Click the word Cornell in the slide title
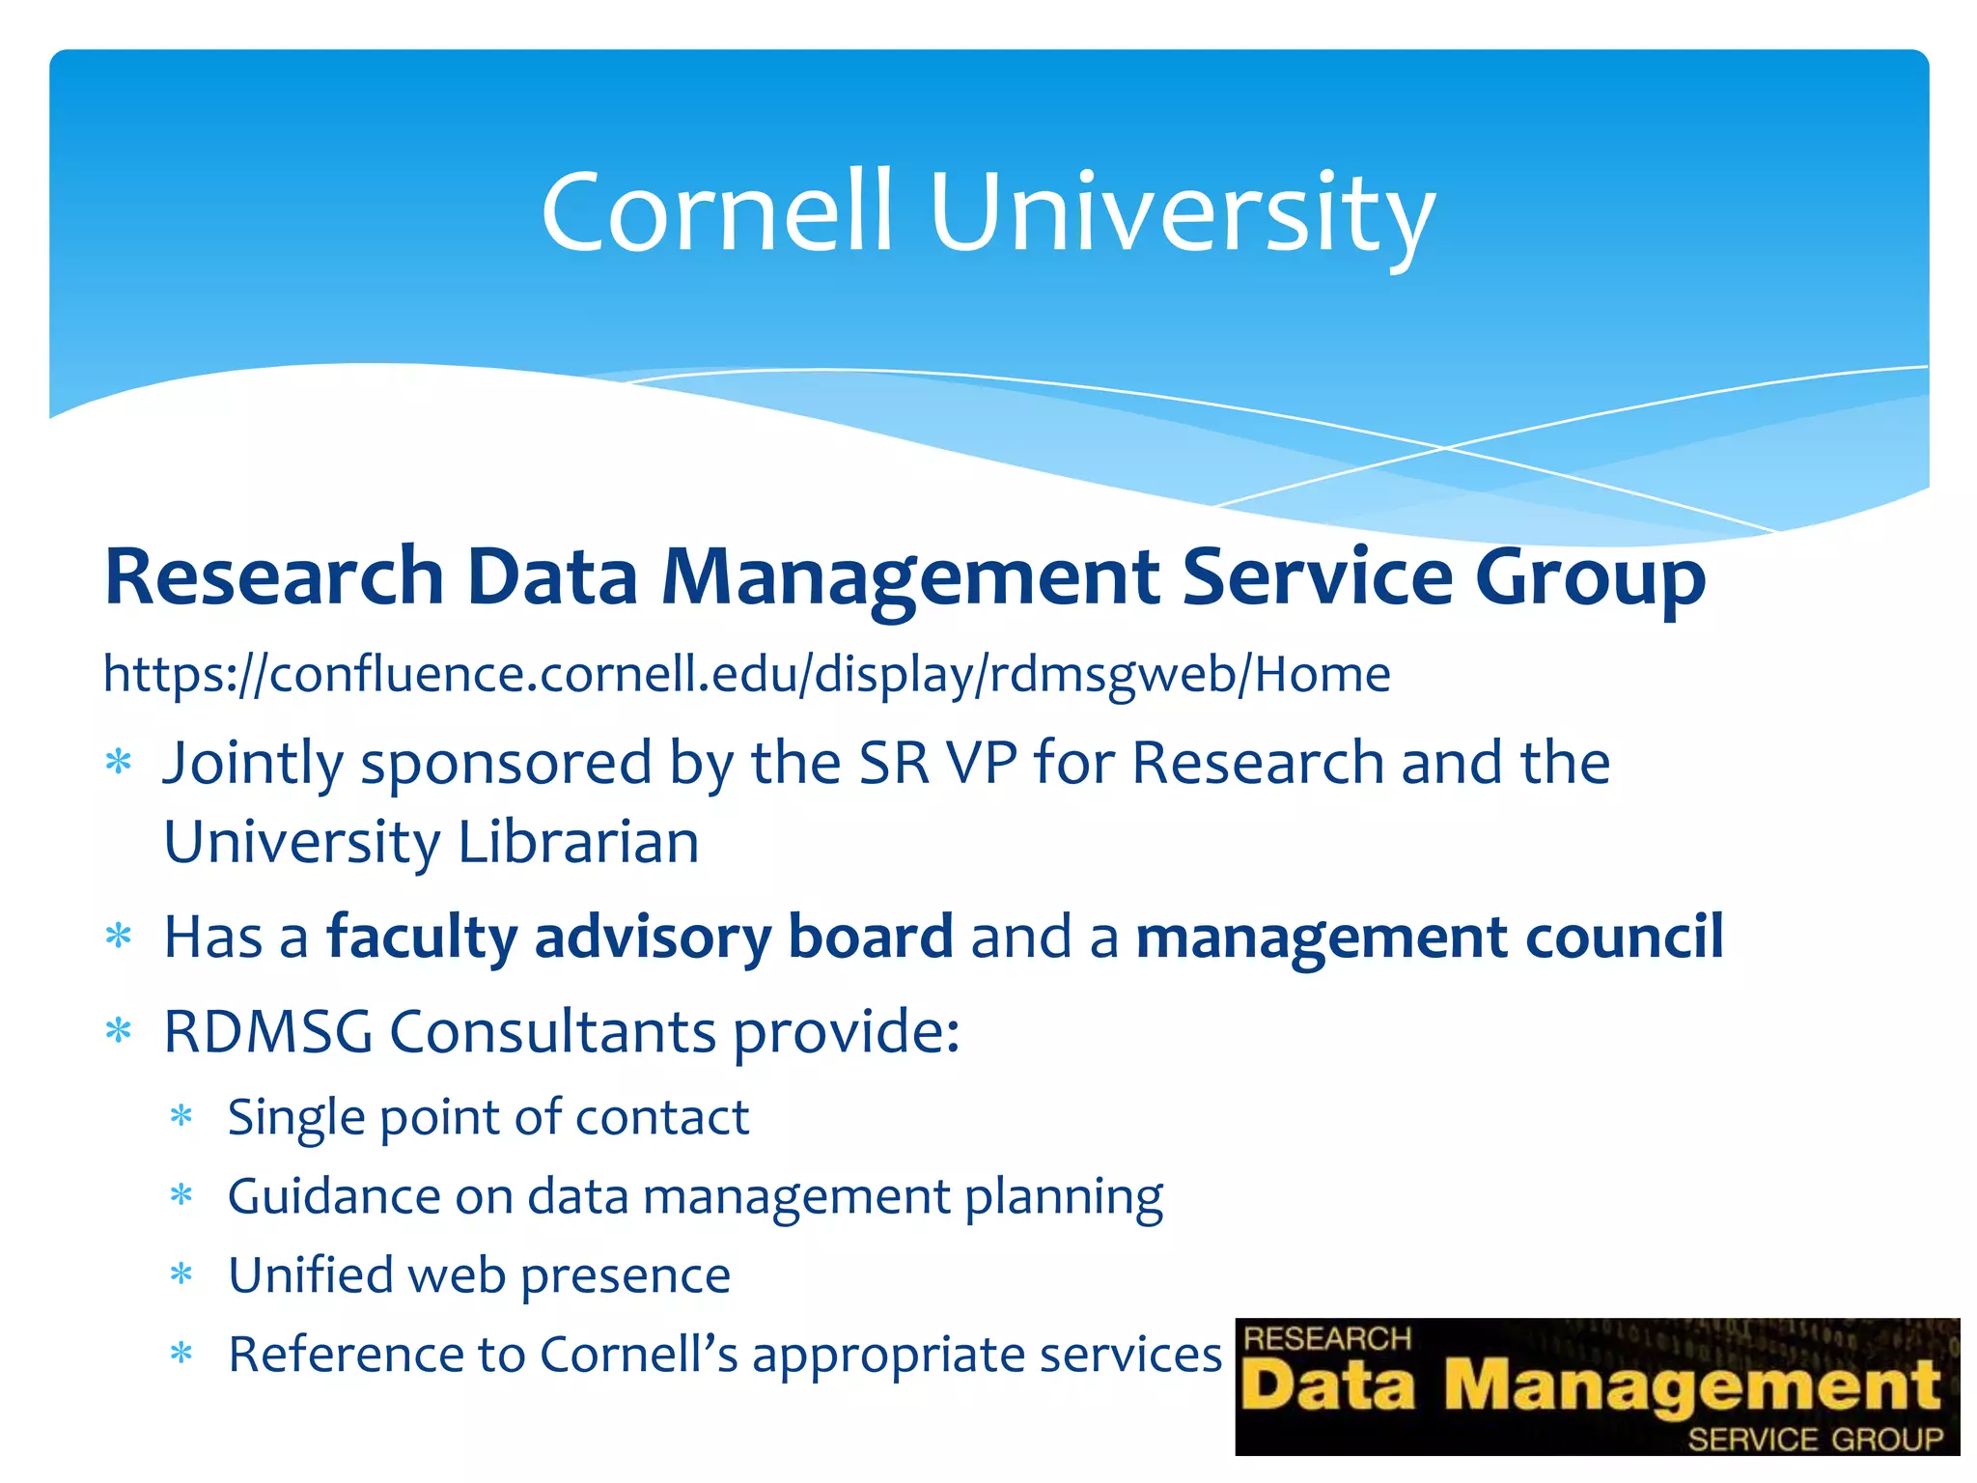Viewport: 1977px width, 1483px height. [x=717, y=212]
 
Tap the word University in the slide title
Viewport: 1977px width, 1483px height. [x=1182, y=214]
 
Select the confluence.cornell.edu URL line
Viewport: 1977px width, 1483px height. [x=746, y=674]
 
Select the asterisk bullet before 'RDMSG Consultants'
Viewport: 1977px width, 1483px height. [x=119, y=1032]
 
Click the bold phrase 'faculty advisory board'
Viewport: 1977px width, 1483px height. [x=639, y=937]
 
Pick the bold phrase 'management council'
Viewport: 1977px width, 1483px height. [x=1429, y=937]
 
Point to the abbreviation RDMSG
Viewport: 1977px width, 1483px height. [x=268, y=1032]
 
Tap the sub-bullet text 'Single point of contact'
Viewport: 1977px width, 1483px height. [x=488, y=1118]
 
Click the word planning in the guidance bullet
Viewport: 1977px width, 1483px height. [x=1064, y=1198]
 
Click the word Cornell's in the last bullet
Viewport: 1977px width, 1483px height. [x=638, y=1355]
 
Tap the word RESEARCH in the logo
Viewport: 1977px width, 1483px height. [x=1327, y=1339]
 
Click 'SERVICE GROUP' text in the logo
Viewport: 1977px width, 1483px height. [x=1815, y=1440]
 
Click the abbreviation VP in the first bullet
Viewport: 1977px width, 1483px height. [x=983, y=764]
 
